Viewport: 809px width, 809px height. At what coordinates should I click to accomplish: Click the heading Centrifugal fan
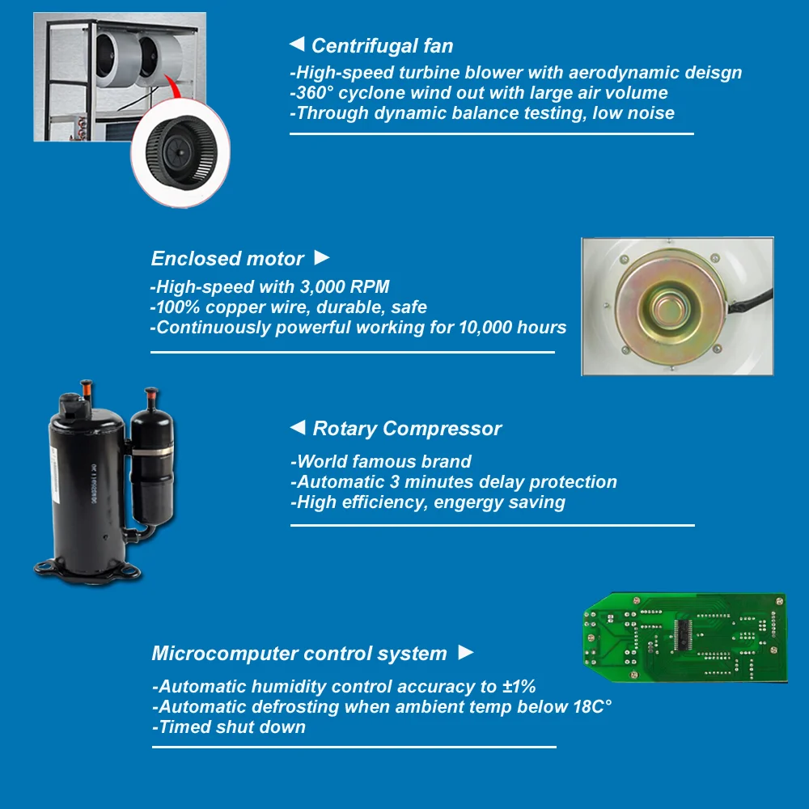tap(383, 46)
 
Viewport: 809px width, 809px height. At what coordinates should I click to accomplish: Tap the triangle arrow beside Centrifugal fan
tap(297, 44)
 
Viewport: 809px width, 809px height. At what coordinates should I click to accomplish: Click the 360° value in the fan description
tap(315, 93)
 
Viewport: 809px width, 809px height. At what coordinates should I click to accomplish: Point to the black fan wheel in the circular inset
tap(181, 152)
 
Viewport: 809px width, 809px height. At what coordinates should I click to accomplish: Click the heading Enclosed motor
tap(227, 259)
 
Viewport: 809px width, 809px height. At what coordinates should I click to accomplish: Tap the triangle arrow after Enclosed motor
tap(322, 257)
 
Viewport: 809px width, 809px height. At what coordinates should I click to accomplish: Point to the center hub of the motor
tap(670, 307)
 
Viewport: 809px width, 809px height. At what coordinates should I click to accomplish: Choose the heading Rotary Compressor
tap(407, 429)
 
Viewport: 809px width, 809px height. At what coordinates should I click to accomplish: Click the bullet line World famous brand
tap(381, 461)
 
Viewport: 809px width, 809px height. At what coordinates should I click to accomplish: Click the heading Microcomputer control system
tap(299, 654)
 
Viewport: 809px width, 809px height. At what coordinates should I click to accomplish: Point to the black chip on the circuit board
tap(683, 634)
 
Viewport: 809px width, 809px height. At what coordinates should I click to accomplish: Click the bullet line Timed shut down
tap(229, 727)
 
